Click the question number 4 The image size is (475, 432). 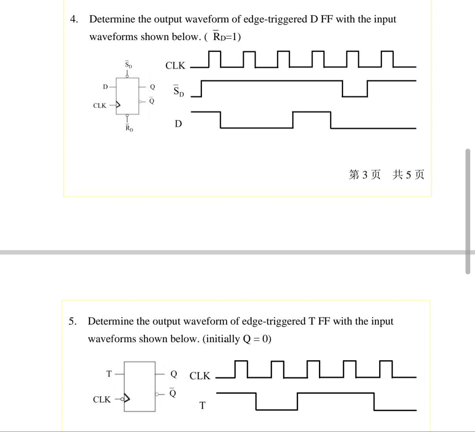pos(74,19)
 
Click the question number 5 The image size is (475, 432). pos(73,321)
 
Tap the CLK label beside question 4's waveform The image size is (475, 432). pos(175,66)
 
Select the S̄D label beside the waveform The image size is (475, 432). pos(178,92)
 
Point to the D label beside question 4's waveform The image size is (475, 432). pos(178,124)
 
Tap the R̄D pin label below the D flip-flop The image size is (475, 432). pos(128,129)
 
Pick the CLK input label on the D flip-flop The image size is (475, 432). pos(99,106)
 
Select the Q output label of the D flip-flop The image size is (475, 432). pos(152,87)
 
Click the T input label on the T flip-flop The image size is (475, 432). pos(109,374)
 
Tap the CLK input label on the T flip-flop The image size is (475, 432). pos(102,399)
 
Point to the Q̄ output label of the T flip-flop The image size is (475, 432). pos(174,393)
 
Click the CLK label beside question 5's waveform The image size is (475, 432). pos(200,377)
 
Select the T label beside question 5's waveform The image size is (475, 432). pos(202,406)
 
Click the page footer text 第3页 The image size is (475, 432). pos(365,175)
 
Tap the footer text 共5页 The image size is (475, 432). pos(409,175)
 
